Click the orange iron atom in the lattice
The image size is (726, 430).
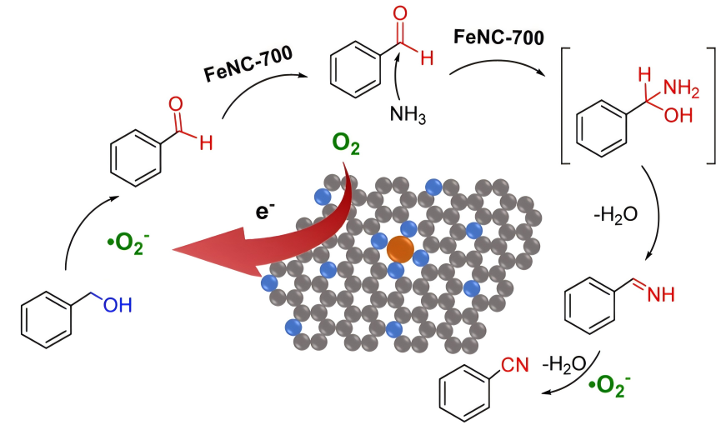coord(399,248)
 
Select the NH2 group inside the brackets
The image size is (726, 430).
coord(670,87)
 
